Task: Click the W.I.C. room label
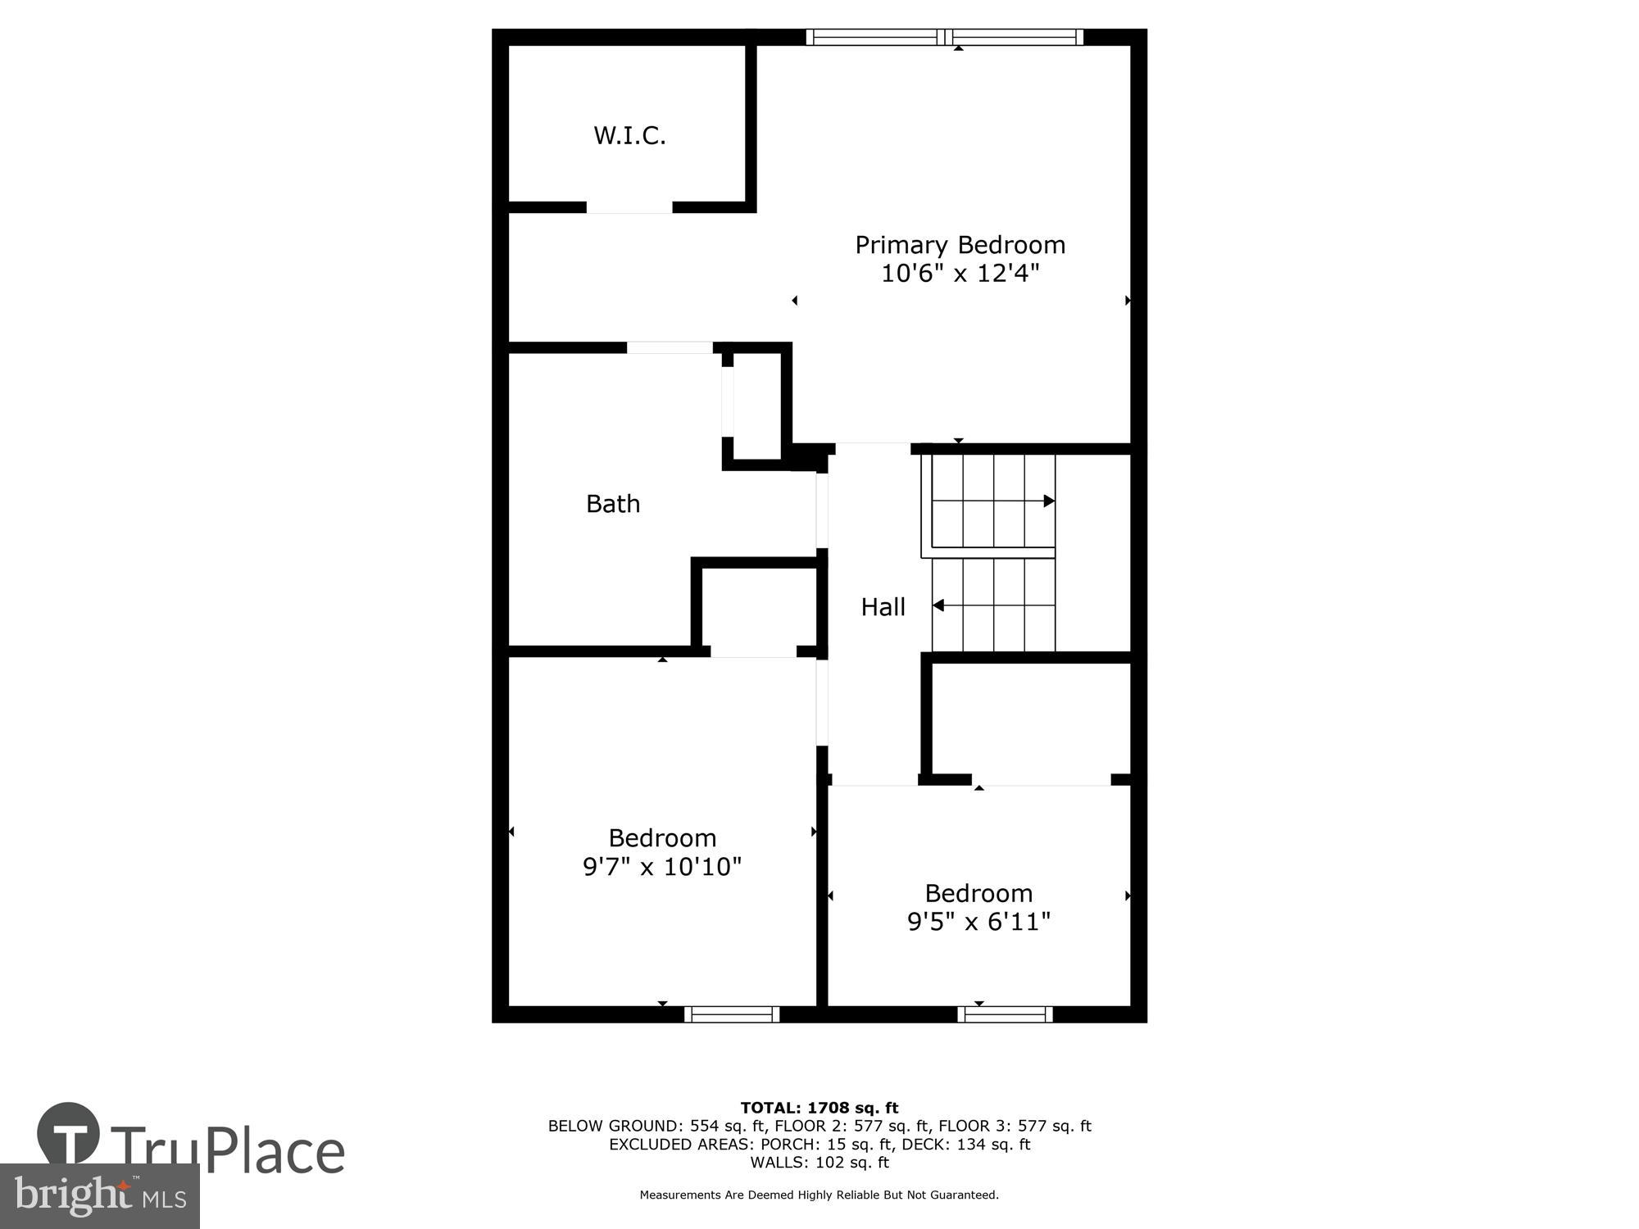(x=629, y=135)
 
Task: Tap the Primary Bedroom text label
(x=960, y=245)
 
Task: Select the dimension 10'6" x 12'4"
(x=960, y=274)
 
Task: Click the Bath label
(x=613, y=504)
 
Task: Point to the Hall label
(x=883, y=607)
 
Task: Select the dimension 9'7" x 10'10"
(x=662, y=867)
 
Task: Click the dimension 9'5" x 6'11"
(x=978, y=922)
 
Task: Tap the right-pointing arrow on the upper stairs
(x=1049, y=501)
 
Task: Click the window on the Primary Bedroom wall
(x=945, y=37)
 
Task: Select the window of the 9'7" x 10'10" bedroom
(x=732, y=1014)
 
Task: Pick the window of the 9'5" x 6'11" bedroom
(x=1005, y=1014)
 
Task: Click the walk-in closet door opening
(x=629, y=207)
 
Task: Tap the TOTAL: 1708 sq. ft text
(x=819, y=1109)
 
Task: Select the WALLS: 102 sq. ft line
(x=819, y=1163)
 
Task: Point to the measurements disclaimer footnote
(x=819, y=1195)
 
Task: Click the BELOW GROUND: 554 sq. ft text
(x=656, y=1127)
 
